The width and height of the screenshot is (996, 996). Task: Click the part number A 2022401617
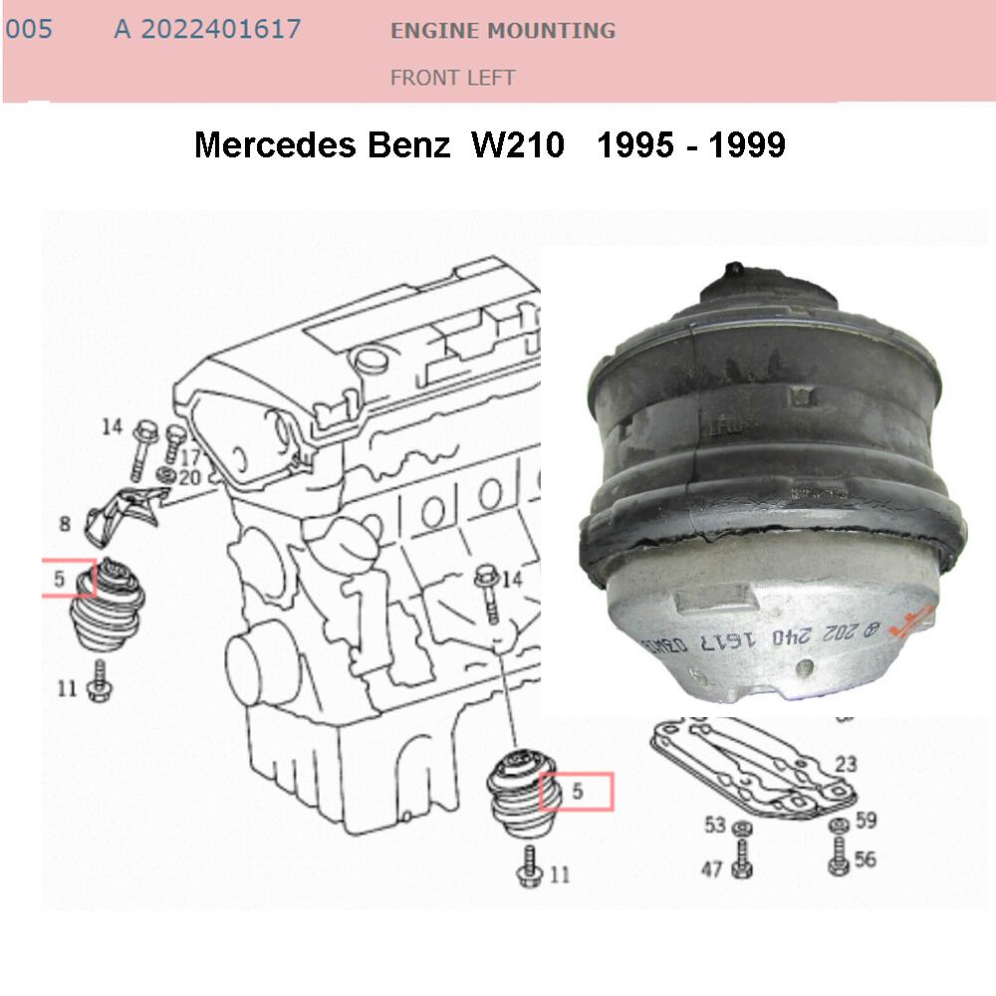coord(207,30)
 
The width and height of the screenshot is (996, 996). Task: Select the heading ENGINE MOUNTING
coord(502,31)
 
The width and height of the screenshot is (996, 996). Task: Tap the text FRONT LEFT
coord(452,78)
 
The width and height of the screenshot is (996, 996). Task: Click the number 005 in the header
coord(28,30)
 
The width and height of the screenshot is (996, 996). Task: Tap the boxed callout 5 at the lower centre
coord(576,792)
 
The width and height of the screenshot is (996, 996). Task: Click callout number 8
coord(65,523)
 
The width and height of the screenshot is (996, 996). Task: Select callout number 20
coord(189,478)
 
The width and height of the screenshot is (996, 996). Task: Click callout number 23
coord(846,765)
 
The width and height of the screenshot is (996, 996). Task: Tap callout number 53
coord(715,825)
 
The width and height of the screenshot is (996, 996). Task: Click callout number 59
coord(865,822)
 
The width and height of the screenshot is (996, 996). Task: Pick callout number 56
coord(865,859)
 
